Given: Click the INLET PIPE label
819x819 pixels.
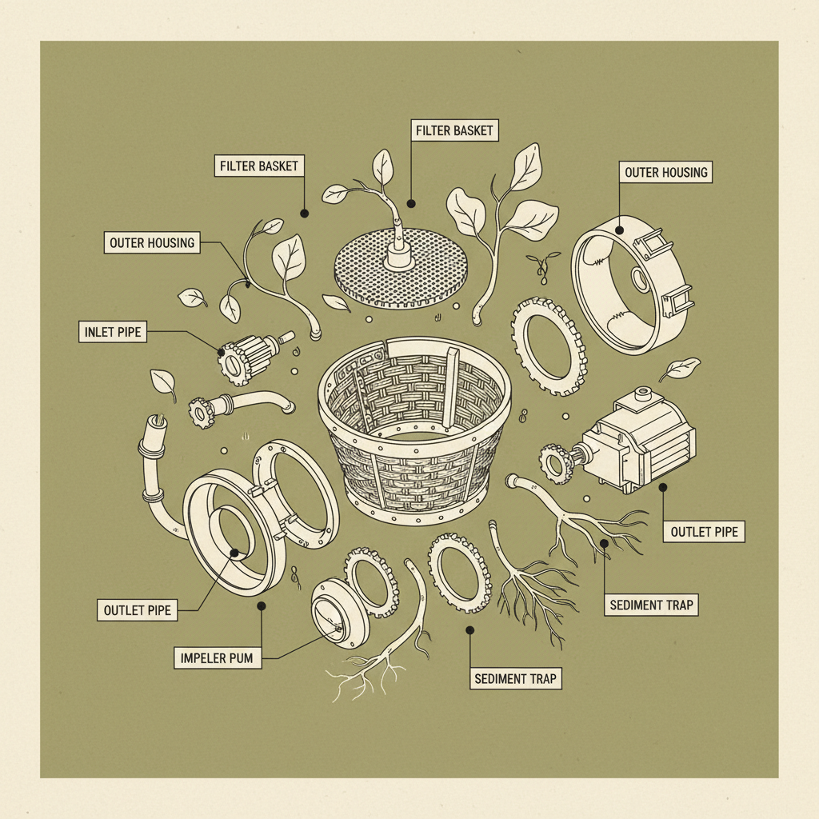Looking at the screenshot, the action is point(113,332).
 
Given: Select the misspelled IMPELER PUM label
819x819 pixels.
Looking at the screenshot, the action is point(218,658).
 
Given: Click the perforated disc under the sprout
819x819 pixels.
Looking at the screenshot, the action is point(400,266).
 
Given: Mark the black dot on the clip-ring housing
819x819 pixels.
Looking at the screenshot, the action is point(620,230).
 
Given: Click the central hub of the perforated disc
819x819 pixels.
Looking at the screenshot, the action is point(399,257).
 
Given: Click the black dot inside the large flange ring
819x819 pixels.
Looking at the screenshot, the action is point(234,553).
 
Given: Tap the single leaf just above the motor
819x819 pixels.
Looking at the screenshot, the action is point(679,369).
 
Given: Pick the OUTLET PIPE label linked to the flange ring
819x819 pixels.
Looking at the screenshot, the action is point(138,610).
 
